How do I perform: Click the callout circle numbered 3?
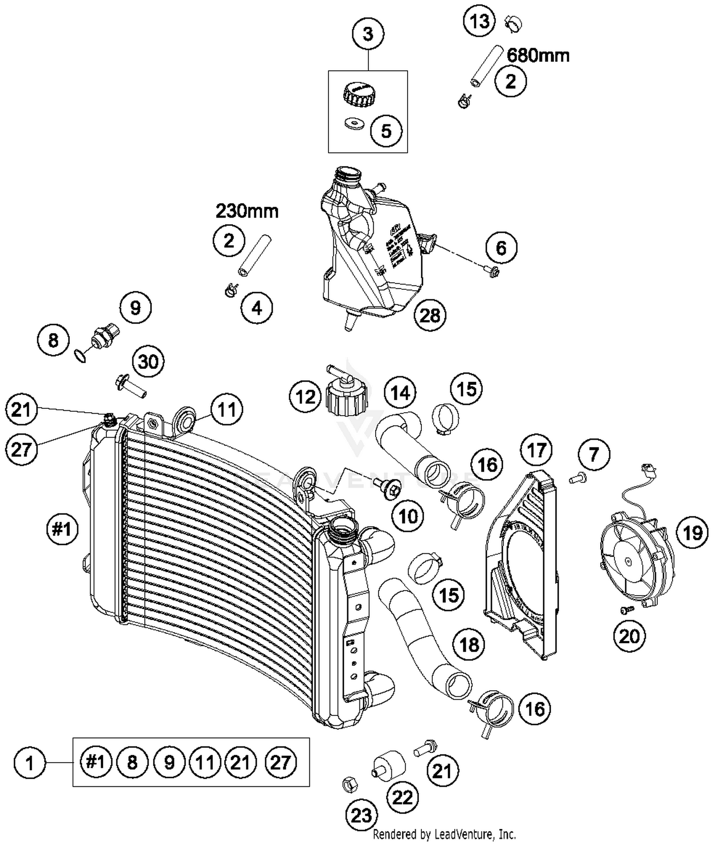pos(368,34)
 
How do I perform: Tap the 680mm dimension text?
pos(538,56)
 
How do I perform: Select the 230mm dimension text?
pos(247,211)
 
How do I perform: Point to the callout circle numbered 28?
pos(430,315)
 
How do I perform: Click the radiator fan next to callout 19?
pos(634,562)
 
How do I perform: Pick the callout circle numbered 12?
pos(306,397)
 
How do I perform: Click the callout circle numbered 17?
pos(537,449)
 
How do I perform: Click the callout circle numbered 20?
pos(629,635)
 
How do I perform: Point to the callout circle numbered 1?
pos(30,763)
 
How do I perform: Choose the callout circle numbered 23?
pos(361,815)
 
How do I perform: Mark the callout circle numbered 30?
pos(148,362)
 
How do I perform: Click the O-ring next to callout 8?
pos(81,356)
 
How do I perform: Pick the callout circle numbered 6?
pos(501,247)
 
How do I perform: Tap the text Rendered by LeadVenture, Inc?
pos(444,835)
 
